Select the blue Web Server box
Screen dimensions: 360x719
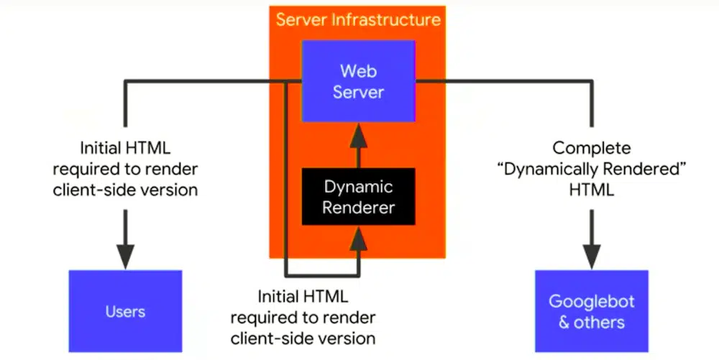point(358,81)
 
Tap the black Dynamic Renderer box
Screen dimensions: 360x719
point(358,197)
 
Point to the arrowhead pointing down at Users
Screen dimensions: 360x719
point(125,253)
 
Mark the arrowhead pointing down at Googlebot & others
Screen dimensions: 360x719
point(591,253)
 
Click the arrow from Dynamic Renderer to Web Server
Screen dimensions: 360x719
point(358,144)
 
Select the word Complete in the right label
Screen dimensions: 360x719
point(591,149)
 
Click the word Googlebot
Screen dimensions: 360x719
point(591,301)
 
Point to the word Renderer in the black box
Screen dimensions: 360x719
point(358,208)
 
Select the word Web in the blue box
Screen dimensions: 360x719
point(358,70)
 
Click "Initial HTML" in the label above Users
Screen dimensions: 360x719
point(125,149)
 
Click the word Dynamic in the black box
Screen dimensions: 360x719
point(358,187)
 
